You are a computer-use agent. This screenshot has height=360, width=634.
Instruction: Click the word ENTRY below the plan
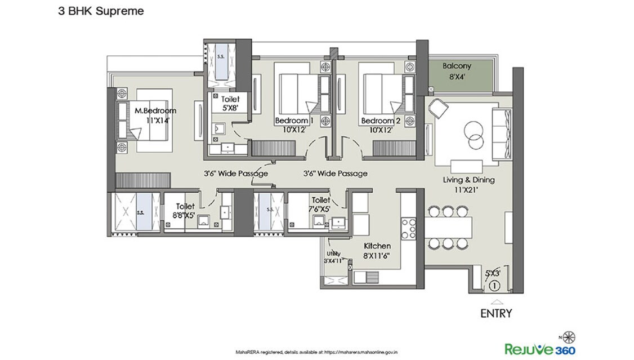point(495,313)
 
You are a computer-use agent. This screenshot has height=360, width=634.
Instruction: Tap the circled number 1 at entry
point(494,286)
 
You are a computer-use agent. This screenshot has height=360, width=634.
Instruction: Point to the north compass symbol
point(568,337)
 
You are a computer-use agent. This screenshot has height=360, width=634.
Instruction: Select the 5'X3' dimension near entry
point(493,274)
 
